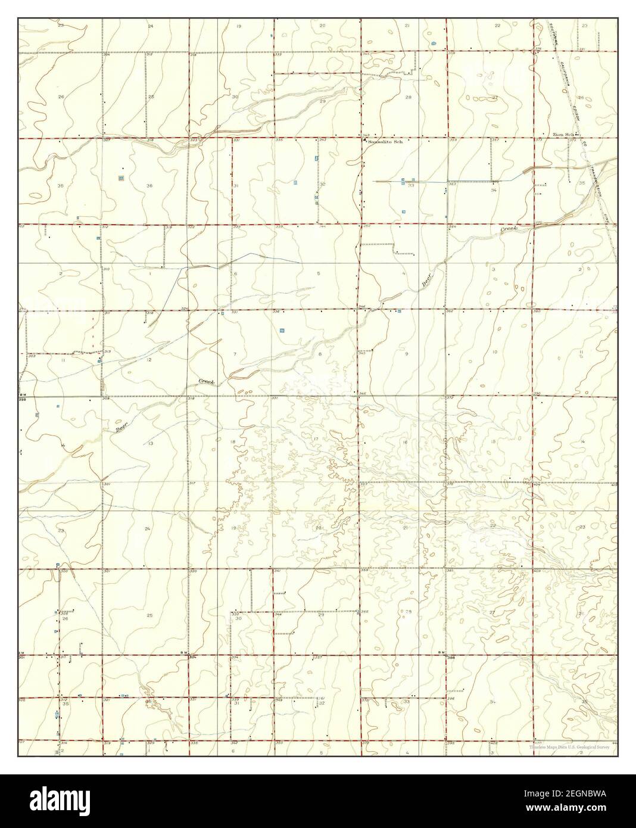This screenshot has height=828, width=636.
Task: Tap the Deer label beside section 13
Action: (x=121, y=425)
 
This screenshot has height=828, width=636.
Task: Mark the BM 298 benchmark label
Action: (x=23, y=397)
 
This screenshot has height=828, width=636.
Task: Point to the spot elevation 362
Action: (x=450, y=311)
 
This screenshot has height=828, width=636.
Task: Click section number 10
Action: (x=494, y=353)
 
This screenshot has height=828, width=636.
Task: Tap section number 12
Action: (x=150, y=360)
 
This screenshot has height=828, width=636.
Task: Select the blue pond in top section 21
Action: (x=433, y=43)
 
